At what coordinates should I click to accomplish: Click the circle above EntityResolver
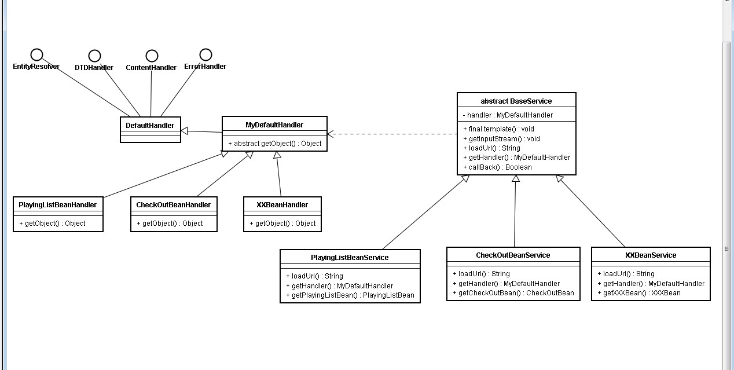click(36, 54)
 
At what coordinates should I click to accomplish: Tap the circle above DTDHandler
click(94, 56)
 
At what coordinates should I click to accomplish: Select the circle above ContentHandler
click(152, 56)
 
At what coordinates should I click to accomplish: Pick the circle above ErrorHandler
click(205, 54)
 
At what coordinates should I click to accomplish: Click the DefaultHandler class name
click(150, 125)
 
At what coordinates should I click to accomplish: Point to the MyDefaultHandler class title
click(274, 124)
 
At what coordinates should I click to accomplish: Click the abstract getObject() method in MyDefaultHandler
click(274, 143)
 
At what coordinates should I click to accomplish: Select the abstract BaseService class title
click(516, 101)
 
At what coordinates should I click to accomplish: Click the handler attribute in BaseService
click(508, 115)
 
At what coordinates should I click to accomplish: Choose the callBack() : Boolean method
click(497, 167)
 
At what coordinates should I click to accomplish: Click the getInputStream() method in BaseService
click(501, 138)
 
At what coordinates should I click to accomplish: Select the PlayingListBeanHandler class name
click(58, 204)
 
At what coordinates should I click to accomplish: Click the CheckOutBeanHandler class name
click(174, 204)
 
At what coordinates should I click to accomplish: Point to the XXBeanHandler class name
click(282, 204)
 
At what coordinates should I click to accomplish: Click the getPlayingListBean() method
click(350, 295)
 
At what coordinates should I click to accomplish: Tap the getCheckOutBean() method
click(513, 293)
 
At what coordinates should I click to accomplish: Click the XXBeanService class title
click(651, 255)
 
